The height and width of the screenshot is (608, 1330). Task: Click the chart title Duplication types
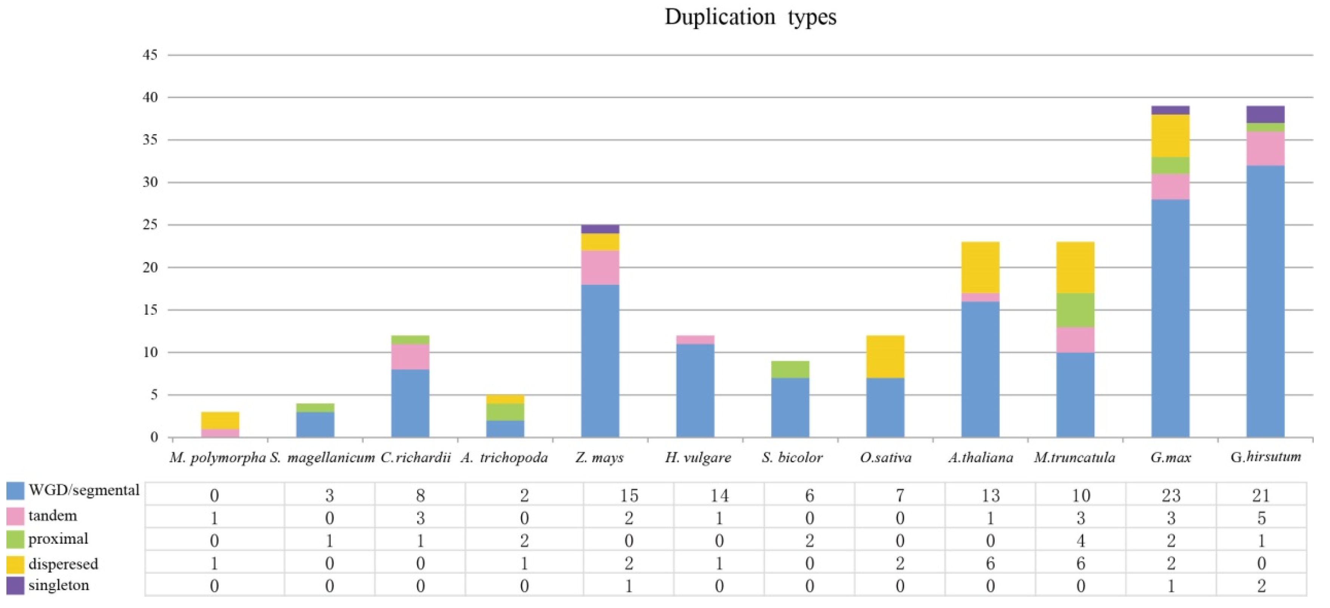click(750, 17)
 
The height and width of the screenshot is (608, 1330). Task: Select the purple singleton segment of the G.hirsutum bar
click(1265, 114)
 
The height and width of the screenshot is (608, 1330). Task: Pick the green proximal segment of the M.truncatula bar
click(1075, 310)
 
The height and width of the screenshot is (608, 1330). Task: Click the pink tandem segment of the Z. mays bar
click(600, 268)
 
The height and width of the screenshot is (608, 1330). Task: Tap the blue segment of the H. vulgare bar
click(695, 390)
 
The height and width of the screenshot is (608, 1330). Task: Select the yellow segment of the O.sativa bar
click(885, 356)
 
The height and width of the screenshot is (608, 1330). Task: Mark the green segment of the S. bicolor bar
click(790, 369)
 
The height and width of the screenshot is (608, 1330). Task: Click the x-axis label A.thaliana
click(980, 458)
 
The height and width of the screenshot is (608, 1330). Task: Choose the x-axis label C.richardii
click(416, 458)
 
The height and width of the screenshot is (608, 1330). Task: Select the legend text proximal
click(58, 539)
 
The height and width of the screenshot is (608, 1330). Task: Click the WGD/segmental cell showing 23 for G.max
click(1171, 495)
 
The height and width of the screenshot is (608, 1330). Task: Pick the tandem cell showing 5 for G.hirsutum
click(1261, 518)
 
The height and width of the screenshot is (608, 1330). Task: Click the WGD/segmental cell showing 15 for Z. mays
click(628, 495)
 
